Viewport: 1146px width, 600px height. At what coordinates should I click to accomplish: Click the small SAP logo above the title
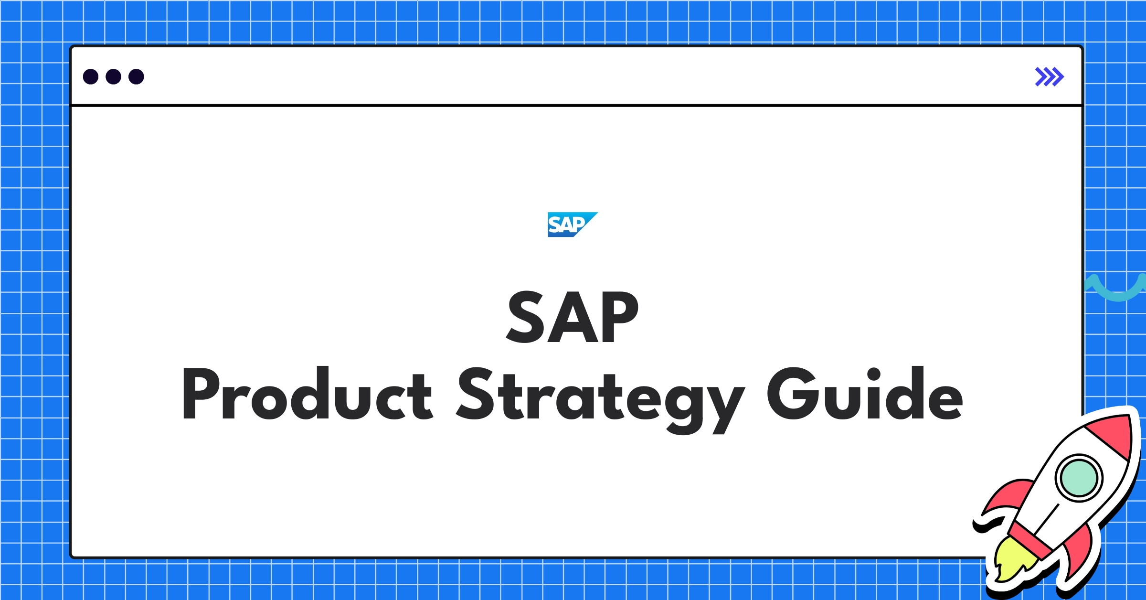572,224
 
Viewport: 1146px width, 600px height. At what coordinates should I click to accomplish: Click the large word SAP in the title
573,317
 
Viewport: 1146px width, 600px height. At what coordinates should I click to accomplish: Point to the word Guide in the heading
864,394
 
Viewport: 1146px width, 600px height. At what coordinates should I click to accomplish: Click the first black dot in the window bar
91,76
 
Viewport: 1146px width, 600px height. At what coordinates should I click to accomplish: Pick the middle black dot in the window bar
113,76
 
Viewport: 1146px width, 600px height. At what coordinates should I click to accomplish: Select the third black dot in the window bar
136,76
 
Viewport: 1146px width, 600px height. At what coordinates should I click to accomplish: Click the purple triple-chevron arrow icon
1049,76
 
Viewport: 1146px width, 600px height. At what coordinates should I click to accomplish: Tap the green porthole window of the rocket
1079,478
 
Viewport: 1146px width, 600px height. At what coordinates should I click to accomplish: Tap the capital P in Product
201,394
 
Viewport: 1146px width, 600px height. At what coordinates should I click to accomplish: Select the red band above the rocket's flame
1031,540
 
